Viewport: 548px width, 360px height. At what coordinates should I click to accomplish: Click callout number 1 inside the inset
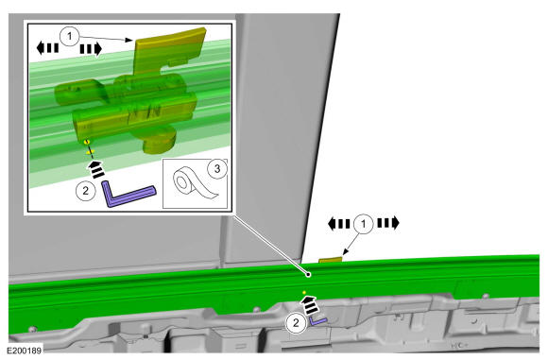70,36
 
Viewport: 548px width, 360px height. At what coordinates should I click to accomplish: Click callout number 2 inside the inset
86,191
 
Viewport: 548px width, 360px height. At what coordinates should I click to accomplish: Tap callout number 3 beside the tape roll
217,169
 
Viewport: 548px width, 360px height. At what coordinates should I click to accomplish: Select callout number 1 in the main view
364,223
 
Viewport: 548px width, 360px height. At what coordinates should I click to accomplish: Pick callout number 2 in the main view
296,322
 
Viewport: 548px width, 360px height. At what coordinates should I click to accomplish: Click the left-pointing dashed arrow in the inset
47,48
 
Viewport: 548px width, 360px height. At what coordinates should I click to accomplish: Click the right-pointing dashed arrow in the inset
91,49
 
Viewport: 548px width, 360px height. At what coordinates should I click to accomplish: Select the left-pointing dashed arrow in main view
338,224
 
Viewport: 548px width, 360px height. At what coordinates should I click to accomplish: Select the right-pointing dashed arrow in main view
388,223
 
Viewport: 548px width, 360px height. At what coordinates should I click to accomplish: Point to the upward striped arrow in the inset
96,169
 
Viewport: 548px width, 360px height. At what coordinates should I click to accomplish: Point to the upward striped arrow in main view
310,305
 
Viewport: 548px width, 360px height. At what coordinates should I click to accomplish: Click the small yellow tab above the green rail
331,259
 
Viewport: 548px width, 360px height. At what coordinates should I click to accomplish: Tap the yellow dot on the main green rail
304,292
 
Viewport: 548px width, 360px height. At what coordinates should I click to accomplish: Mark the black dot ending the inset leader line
309,275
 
